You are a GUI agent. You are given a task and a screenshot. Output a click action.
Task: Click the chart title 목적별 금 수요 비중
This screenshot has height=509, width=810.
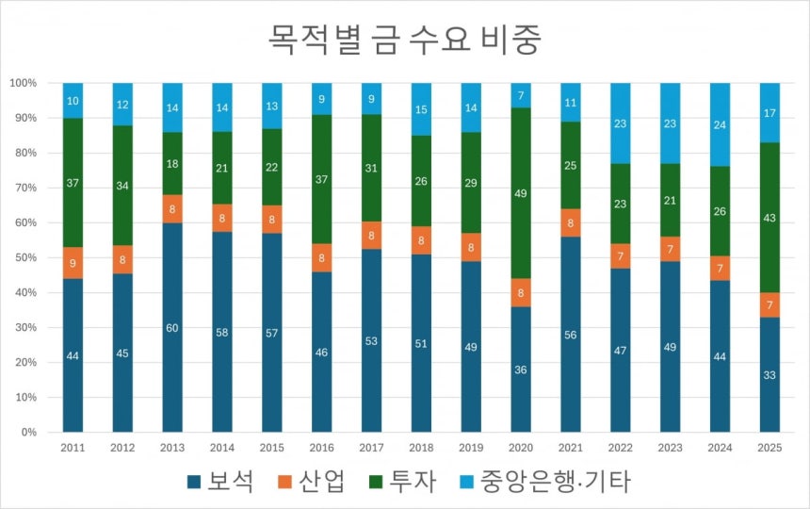click(405, 40)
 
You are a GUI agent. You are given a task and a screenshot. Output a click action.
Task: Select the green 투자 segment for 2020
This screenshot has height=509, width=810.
click(521, 193)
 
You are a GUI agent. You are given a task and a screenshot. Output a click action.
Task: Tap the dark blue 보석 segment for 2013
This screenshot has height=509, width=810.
click(172, 327)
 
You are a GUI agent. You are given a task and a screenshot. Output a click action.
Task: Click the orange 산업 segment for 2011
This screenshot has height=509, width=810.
click(73, 263)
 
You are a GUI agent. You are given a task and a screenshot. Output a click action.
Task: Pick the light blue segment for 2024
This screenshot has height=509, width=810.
click(721, 124)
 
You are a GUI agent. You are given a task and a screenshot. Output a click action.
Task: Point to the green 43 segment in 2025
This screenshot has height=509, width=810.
click(769, 218)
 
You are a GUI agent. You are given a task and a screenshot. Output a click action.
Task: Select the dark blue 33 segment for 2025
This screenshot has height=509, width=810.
click(769, 374)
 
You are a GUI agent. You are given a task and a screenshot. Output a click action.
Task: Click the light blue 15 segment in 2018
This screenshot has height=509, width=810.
click(421, 109)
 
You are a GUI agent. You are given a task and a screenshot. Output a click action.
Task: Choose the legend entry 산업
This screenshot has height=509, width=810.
click(312, 482)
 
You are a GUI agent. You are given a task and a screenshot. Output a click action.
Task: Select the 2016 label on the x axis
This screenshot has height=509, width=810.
click(322, 449)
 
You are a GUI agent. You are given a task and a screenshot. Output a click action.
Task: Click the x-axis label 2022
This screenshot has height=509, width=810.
click(621, 449)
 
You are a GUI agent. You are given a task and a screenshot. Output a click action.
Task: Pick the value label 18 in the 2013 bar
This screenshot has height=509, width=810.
click(172, 164)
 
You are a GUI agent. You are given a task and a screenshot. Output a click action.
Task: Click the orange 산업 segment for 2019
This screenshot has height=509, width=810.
click(471, 248)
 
